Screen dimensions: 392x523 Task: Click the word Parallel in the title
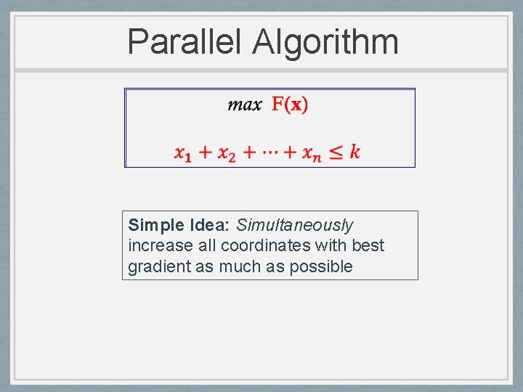(185, 42)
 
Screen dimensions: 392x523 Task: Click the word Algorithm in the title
(325, 42)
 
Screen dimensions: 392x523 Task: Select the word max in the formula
(245, 105)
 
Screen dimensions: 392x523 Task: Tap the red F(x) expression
(290, 105)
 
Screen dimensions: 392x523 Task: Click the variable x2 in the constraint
(227, 152)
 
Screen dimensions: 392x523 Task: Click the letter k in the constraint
(354, 151)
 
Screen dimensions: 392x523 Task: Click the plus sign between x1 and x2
(206, 152)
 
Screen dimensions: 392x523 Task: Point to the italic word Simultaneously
(294, 225)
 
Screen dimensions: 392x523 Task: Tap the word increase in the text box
(161, 246)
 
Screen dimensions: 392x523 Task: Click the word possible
(321, 267)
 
